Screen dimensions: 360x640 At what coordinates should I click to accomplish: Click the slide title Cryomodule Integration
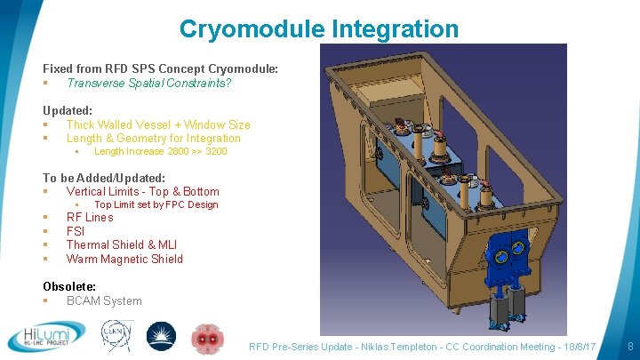(319, 28)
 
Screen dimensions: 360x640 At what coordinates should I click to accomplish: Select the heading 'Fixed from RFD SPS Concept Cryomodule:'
(160, 68)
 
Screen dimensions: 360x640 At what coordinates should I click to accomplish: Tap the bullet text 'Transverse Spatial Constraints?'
(148, 83)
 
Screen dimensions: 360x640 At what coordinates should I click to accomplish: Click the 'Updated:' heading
(68, 110)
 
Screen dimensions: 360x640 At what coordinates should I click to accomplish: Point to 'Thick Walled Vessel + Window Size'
(158, 124)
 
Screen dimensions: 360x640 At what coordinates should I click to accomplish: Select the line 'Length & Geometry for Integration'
(153, 138)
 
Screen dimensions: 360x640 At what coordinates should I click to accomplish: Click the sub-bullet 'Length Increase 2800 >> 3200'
(160, 151)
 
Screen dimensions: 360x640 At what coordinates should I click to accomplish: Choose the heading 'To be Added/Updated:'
(104, 178)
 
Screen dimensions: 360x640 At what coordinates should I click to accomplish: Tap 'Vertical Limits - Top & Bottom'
(142, 191)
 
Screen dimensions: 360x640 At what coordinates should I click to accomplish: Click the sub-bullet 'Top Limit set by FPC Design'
(156, 204)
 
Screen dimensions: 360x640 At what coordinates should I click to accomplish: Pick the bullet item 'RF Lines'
(90, 217)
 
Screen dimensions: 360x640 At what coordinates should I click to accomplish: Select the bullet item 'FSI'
(76, 231)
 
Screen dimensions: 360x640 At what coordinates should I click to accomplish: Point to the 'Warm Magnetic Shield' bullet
(124, 259)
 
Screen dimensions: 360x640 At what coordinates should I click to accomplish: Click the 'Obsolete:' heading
(69, 286)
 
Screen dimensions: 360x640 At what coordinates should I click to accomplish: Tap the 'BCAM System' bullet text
(104, 300)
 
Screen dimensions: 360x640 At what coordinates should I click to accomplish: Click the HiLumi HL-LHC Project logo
(46, 337)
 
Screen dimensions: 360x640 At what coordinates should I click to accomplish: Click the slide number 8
(629, 346)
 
